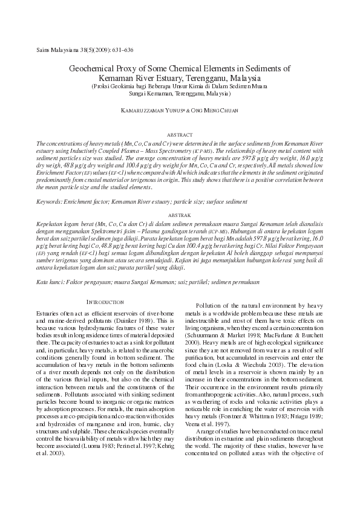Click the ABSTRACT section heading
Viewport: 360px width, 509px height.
pyautogui.click(x=180, y=133)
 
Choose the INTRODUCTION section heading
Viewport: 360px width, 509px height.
pyautogui.click(x=105, y=302)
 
